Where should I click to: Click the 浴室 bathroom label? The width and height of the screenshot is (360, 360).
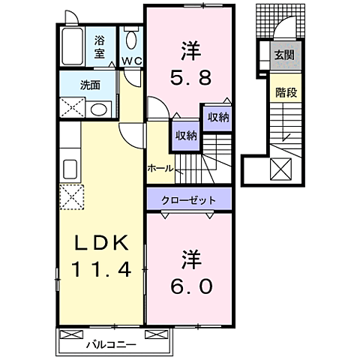click(x=99, y=48)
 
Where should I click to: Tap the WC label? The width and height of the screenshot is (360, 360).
click(x=132, y=61)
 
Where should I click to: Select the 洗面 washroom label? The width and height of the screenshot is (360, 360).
click(x=91, y=85)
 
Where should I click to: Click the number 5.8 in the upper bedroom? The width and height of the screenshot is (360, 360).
click(x=189, y=76)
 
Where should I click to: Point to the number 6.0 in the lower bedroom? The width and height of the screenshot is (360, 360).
click(x=189, y=286)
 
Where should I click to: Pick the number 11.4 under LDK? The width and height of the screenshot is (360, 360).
click(x=104, y=268)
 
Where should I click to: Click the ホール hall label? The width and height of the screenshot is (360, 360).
click(x=161, y=168)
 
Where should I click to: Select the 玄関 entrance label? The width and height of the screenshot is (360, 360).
click(x=284, y=55)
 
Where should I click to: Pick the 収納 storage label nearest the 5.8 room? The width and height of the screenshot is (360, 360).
click(x=218, y=117)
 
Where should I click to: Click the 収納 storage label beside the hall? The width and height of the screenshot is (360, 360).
click(x=186, y=135)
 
